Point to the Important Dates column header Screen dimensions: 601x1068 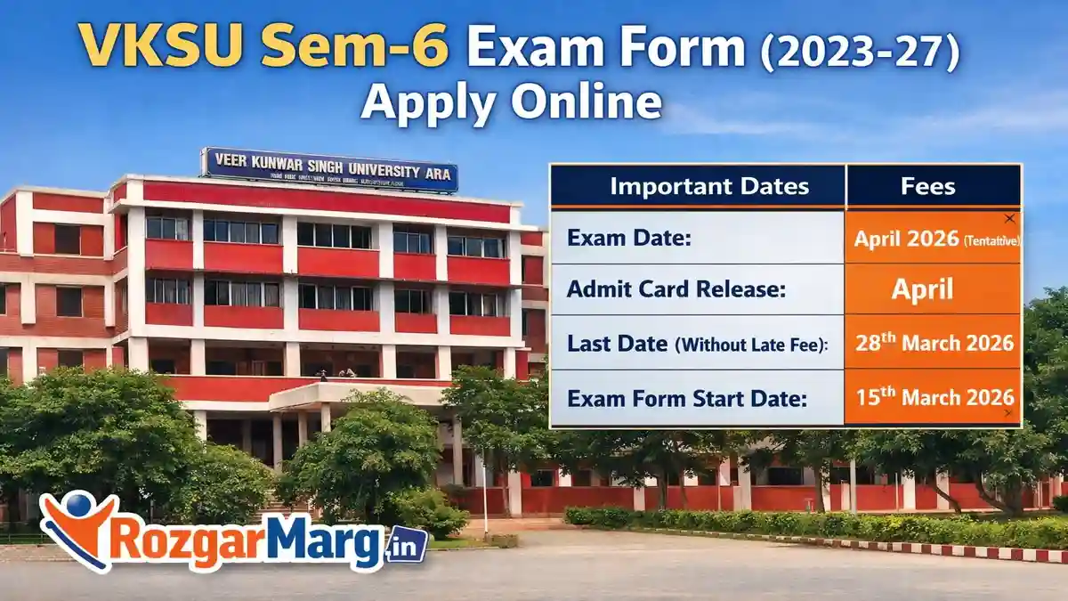tap(697, 186)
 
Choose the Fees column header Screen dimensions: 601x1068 tap(932, 186)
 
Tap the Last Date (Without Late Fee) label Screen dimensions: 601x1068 tap(697, 342)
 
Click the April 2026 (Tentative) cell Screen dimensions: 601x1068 tap(934, 239)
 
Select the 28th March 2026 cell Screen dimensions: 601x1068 tap(934, 342)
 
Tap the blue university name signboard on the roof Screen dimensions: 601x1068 tap(330, 169)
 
